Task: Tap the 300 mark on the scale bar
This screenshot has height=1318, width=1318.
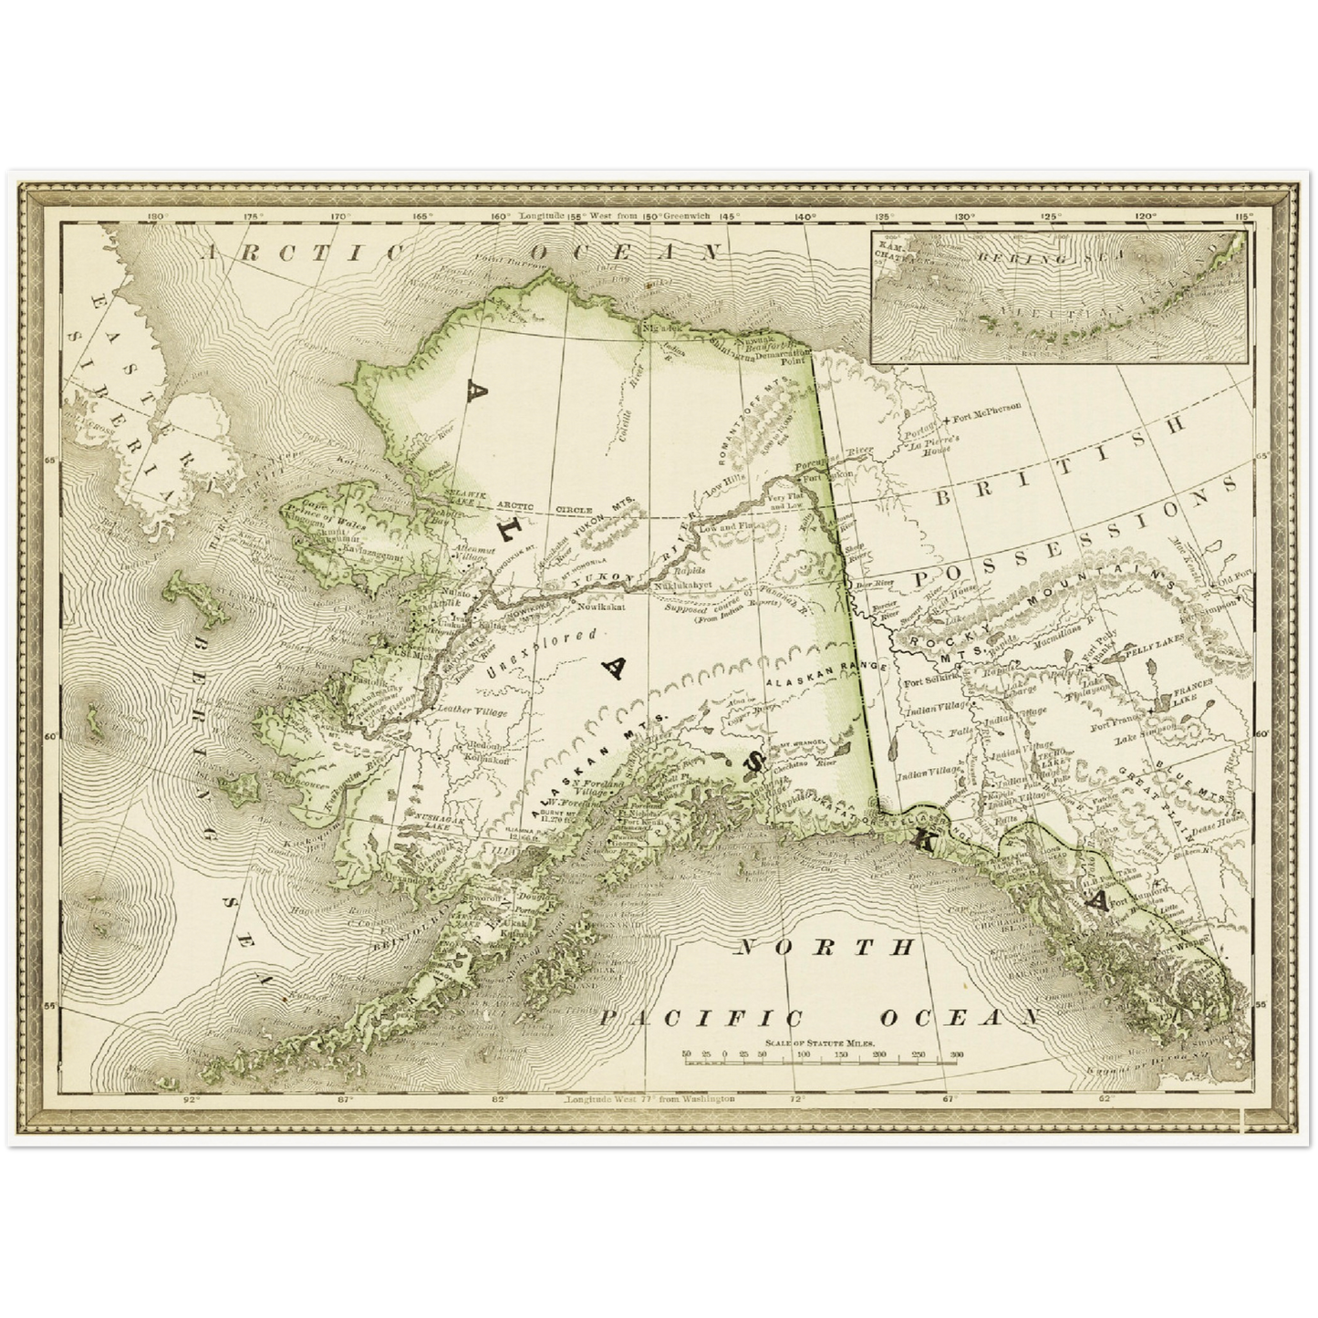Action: pos(956,1054)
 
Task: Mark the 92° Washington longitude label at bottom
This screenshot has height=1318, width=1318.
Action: pos(190,1099)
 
